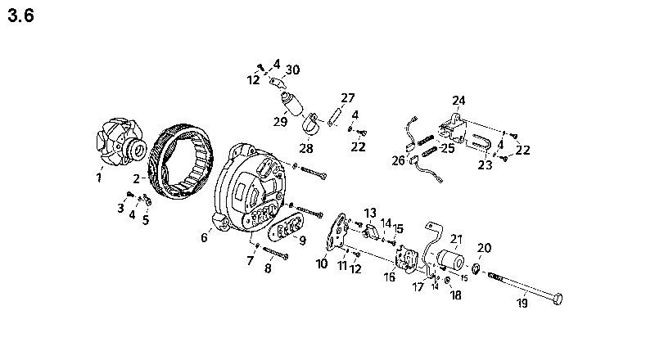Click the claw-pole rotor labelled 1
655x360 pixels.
(x=120, y=146)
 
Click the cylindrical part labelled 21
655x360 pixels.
(x=449, y=259)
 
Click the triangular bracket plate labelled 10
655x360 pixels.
(x=336, y=235)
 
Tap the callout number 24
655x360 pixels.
(x=458, y=101)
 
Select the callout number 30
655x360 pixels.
(x=292, y=70)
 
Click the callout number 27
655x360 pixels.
(x=348, y=98)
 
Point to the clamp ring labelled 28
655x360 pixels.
(x=311, y=124)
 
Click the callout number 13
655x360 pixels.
(x=370, y=214)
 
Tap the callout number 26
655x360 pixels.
(x=398, y=160)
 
